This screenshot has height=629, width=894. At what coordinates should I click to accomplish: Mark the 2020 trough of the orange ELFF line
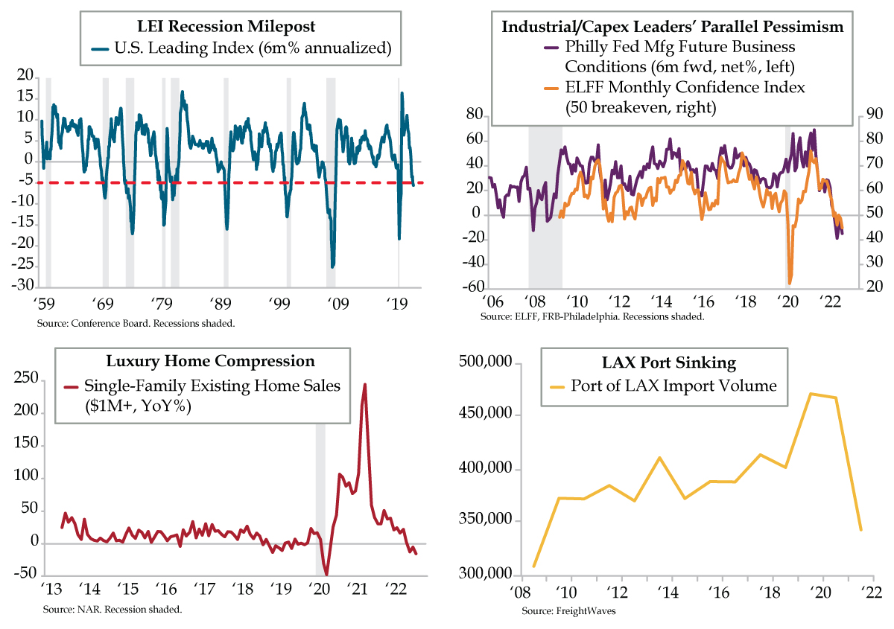click(790, 284)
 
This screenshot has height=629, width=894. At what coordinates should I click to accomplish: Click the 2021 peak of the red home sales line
click(365, 384)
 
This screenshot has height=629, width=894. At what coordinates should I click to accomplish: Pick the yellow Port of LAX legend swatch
click(557, 386)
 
